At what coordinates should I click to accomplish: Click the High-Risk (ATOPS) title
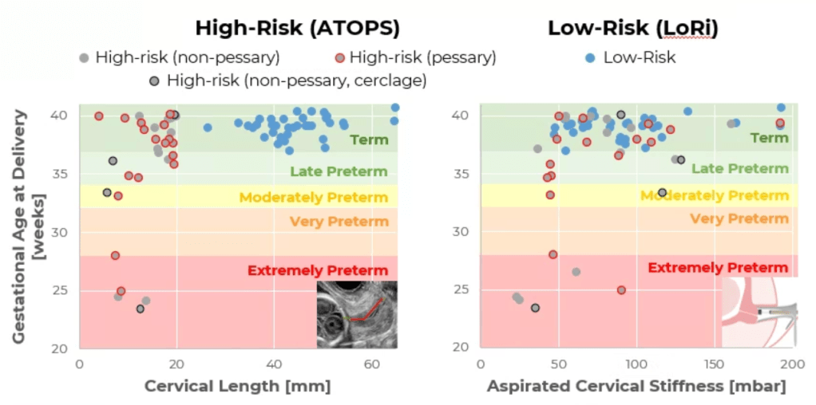pyautogui.click(x=297, y=28)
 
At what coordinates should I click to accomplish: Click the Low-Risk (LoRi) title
pyautogui.click(x=632, y=28)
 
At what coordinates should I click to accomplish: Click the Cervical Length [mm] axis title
pyautogui.click(x=237, y=387)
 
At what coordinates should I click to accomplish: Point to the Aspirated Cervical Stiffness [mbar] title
pyautogui.click(x=636, y=387)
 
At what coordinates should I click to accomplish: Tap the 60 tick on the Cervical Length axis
pyautogui.click(x=372, y=364)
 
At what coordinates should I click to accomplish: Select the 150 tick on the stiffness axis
pyautogui.click(x=715, y=364)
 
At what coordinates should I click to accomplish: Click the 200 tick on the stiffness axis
pyautogui.click(x=791, y=364)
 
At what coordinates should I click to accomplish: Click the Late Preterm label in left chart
pyautogui.click(x=339, y=171)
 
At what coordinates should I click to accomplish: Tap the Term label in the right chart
pyautogui.click(x=769, y=138)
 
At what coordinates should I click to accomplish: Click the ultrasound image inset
pyautogui.click(x=357, y=314)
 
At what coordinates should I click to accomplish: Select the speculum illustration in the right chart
pyautogui.click(x=759, y=313)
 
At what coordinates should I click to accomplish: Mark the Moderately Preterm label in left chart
pyautogui.click(x=313, y=197)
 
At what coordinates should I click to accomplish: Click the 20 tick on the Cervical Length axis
pyautogui.click(x=176, y=364)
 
